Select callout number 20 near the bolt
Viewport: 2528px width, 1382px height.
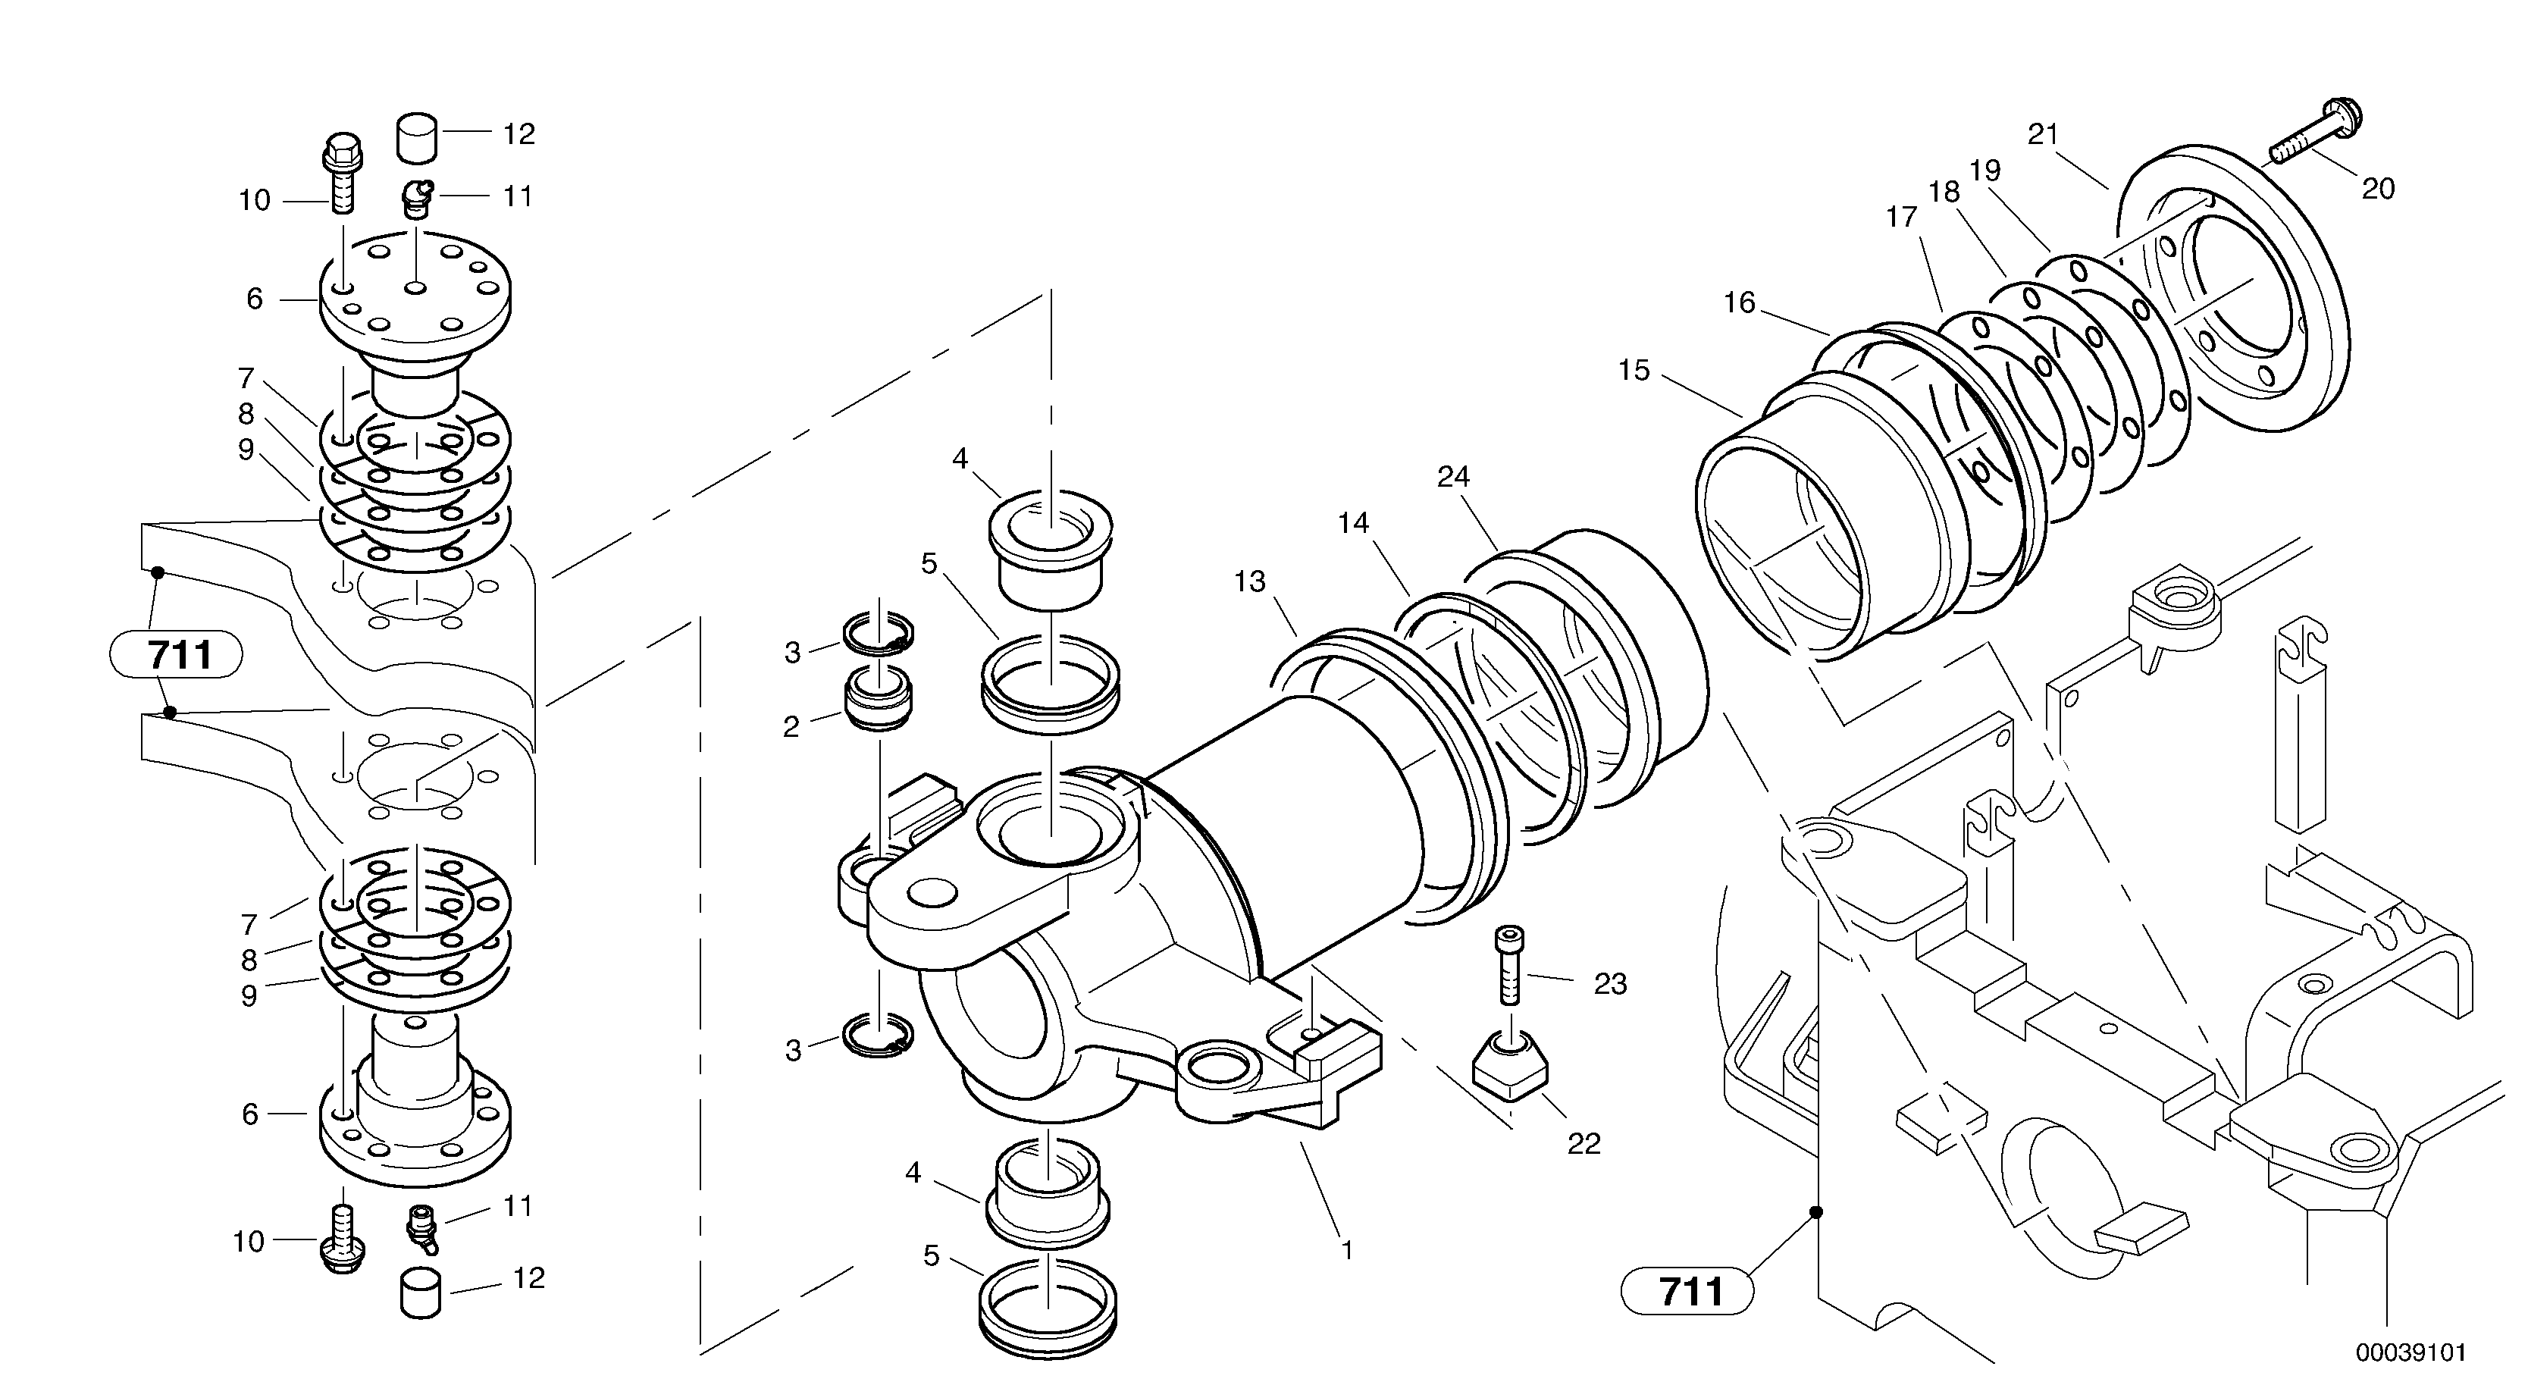[2378, 189]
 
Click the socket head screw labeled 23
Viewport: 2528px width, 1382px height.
[1509, 967]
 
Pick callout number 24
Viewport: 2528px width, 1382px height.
[1453, 477]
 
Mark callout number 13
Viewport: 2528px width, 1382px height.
[1250, 582]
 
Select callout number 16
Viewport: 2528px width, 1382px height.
[1739, 302]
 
